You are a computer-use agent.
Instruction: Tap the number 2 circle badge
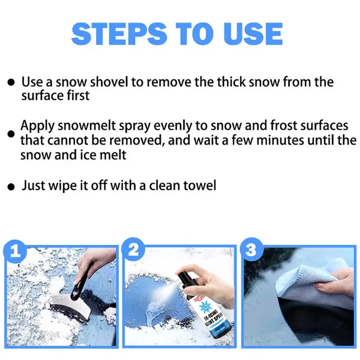point(134,251)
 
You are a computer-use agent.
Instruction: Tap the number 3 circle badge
point(251,251)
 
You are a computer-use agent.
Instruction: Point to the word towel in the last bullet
point(198,185)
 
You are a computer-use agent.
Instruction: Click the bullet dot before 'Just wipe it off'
point(11,186)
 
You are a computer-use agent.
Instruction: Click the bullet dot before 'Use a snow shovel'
point(11,83)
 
